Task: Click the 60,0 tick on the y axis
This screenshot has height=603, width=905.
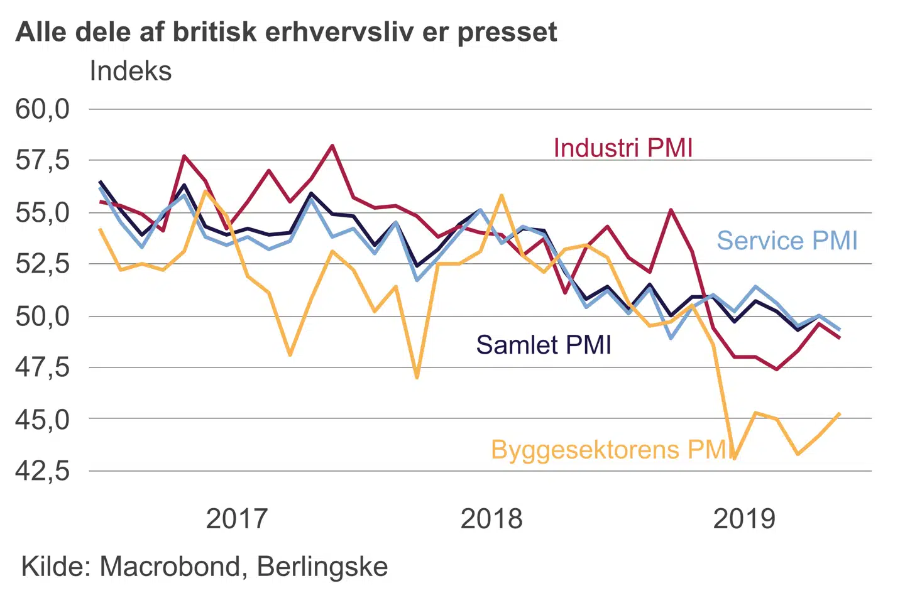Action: [x=43, y=109]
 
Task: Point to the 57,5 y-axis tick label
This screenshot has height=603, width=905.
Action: [x=43, y=161]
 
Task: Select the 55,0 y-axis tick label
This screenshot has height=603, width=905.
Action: [x=43, y=212]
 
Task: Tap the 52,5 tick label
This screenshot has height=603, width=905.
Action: [x=43, y=264]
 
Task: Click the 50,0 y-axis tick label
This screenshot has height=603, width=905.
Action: [x=43, y=315]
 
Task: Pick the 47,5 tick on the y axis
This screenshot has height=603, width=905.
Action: [x=43, y=367]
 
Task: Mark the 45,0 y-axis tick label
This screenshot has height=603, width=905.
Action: [x=43, y=419]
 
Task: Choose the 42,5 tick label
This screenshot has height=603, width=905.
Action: [x=43, y=470]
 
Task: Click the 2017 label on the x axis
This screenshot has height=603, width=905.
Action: [x=237, y=519]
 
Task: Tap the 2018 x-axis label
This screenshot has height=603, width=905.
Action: [x=491, y=519]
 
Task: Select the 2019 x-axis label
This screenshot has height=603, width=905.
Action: [x=745, y=519]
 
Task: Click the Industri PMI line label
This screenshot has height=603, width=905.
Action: [x=623, y=148]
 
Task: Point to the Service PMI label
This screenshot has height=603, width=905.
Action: [x=787, y=241]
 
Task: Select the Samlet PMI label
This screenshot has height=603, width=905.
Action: [x=544, y=345]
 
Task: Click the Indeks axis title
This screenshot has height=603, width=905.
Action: [x=131, y=71]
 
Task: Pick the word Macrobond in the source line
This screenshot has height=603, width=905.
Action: [x=170, y=567]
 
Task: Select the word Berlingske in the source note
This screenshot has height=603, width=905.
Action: [x=322, y=567]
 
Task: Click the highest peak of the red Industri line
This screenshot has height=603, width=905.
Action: [x=332, y=146]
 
